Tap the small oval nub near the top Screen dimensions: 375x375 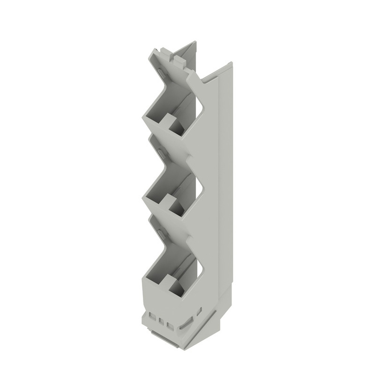[x=160, y=73]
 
